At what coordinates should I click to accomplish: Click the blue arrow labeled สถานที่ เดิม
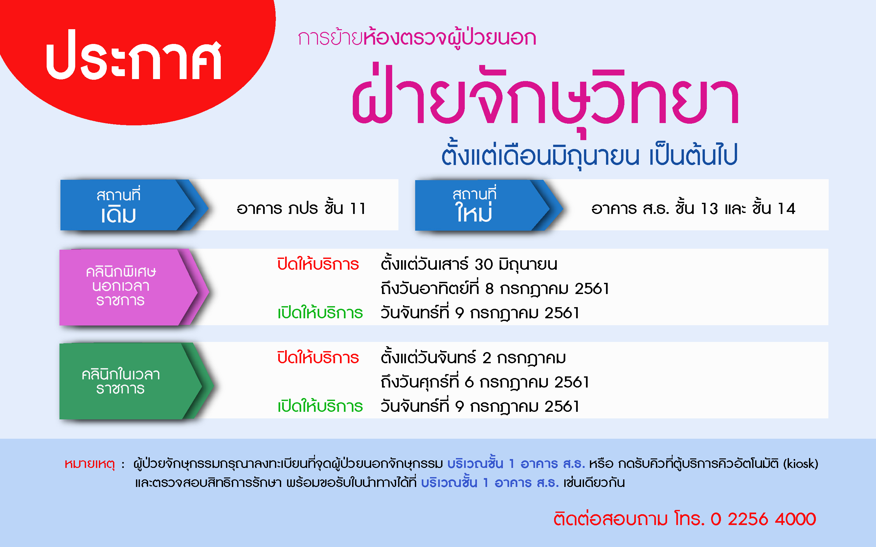134,205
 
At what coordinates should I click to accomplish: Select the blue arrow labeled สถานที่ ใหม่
489,205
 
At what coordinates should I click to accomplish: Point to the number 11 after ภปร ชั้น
358,209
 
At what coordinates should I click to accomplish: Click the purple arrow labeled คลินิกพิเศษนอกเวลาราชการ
134,287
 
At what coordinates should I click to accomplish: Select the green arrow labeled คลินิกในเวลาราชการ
136,381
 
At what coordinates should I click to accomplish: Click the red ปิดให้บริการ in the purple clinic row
318,264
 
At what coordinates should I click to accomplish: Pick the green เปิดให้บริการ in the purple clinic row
320,313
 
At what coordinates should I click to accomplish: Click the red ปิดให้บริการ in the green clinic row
318,357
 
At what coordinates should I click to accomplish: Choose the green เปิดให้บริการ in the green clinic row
320,406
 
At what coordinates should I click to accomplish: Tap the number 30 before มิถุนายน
484,264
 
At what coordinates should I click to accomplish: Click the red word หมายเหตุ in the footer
89,464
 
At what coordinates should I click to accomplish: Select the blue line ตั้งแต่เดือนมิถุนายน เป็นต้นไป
590,155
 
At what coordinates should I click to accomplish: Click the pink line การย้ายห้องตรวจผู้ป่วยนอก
417,38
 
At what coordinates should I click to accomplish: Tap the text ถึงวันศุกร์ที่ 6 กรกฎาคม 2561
485,382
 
